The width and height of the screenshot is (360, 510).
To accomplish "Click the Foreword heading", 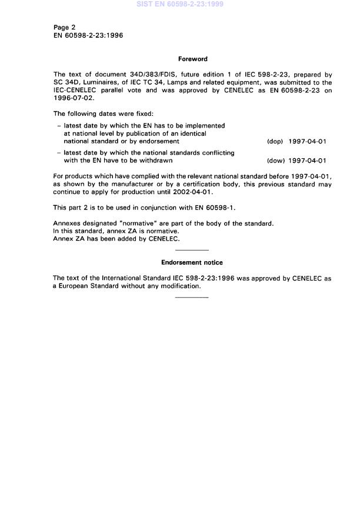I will (192, 59).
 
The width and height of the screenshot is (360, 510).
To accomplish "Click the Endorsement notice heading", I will (192, 262).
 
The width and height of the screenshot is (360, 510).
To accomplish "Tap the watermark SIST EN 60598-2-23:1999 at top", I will (179, 4).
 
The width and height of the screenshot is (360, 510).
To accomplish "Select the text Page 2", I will (64, 27).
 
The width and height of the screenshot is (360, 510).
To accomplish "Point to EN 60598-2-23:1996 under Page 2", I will (88, 35).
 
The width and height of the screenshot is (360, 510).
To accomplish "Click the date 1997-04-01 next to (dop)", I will (307, 142).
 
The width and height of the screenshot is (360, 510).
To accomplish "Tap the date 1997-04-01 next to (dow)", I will (307, 161).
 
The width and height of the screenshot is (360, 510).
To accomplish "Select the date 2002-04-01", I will (190, 192).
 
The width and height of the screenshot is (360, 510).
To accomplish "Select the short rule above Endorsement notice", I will (192, 250).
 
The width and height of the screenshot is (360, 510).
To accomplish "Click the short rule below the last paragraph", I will (192, 297).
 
